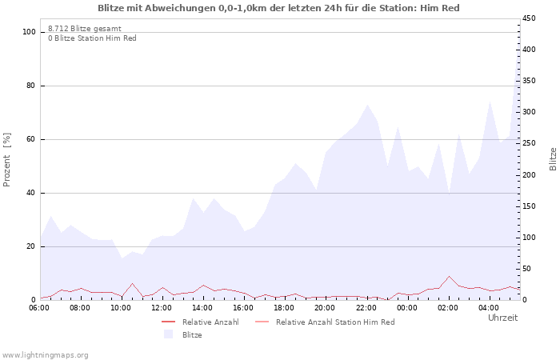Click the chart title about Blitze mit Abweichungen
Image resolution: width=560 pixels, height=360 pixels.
[x=278, y=8]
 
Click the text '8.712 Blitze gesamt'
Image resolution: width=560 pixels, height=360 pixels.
[x=84, y=29]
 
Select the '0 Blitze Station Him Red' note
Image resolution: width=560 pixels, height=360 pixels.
[x=92, y=38]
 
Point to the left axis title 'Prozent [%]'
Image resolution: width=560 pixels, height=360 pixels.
[x=7, y=160]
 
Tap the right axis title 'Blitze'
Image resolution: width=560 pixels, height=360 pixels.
[x=553, y=158]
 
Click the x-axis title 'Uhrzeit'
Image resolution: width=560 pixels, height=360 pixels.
[x=502, y=318]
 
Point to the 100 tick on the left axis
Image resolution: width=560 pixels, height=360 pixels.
[x=30, y=32]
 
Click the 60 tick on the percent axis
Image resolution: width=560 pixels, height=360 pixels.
[x=32, y=139]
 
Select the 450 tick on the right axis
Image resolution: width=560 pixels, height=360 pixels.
[x=530, y=18]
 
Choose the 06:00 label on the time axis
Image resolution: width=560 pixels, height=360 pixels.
[x=39, y=307]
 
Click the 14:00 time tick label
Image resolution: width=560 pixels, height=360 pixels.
[x=202, y=307]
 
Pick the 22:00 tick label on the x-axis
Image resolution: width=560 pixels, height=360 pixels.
[x=366, y=307]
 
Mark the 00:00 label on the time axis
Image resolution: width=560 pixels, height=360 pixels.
[x=407, y=307]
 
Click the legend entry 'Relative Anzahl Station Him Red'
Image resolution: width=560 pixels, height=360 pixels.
[x=335, y=322]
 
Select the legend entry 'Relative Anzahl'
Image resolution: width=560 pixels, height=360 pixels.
[x=210, y=322]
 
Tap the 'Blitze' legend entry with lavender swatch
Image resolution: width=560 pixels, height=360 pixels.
[x=192, y=334]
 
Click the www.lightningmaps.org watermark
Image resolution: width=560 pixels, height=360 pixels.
[x=45, y=354]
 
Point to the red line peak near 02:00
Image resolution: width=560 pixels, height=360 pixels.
[x=449, y=276]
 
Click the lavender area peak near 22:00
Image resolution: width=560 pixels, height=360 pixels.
[x=367, y=105]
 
